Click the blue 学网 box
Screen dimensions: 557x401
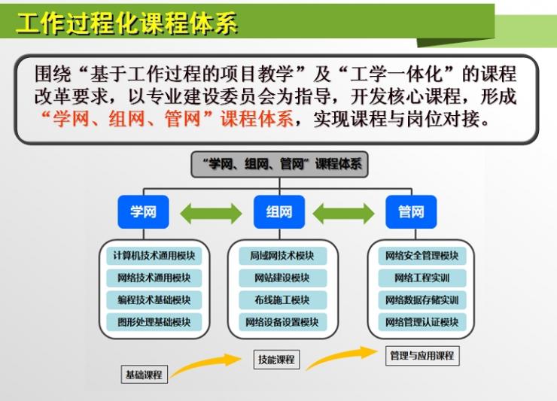point(143,211)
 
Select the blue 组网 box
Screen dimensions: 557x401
point(279,211)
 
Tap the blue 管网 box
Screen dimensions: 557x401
point(411,211)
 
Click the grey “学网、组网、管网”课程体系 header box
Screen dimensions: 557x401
point(279,164)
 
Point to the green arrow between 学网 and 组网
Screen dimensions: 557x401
point(211,214)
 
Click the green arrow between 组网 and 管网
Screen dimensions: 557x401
point(343,214)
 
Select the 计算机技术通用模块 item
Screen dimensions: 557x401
point(154,256)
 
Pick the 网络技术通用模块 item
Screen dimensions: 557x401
point(154,278)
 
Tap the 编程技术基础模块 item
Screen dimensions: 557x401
point(154,300)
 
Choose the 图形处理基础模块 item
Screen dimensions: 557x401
point(154,322)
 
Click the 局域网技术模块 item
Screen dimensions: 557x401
point(282,256)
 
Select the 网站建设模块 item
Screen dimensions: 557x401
point(282,278)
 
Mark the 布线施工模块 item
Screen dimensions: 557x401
point(282,300)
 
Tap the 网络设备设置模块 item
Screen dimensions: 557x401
point(282,322)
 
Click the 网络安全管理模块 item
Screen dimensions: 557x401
point(422,256)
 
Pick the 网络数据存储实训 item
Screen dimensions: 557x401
point(422,300)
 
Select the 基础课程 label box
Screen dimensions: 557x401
point(145,375)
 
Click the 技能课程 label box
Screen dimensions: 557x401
point(276,360)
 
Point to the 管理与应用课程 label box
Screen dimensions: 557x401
point(422,356)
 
